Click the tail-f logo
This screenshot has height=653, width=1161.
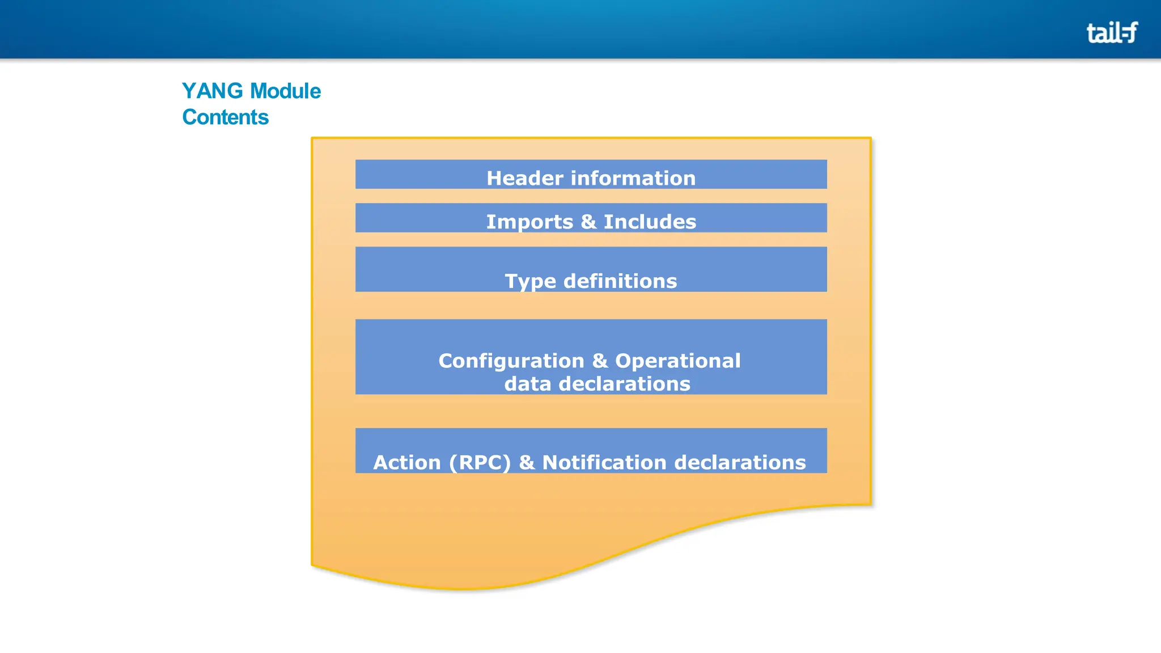(1112, 32)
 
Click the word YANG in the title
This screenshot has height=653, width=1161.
(213, 91)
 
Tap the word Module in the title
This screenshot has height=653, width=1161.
(285, 91)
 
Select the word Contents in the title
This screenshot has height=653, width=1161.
(225, 117)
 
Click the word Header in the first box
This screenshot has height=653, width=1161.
(525, 179)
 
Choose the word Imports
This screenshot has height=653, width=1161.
(529, 222)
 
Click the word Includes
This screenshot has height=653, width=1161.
(650, 222)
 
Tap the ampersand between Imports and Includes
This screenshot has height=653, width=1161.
(588, 222)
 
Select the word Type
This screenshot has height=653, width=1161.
(530, 282)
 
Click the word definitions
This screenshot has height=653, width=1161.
(620, 282)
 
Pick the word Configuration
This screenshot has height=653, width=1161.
(511, 361)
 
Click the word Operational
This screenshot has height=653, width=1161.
(678, 361)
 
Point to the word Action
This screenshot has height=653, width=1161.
(406, 463)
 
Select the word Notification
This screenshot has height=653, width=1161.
(604, 463)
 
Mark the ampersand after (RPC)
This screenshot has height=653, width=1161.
(527, 463)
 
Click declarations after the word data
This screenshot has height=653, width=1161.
(624, 384)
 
